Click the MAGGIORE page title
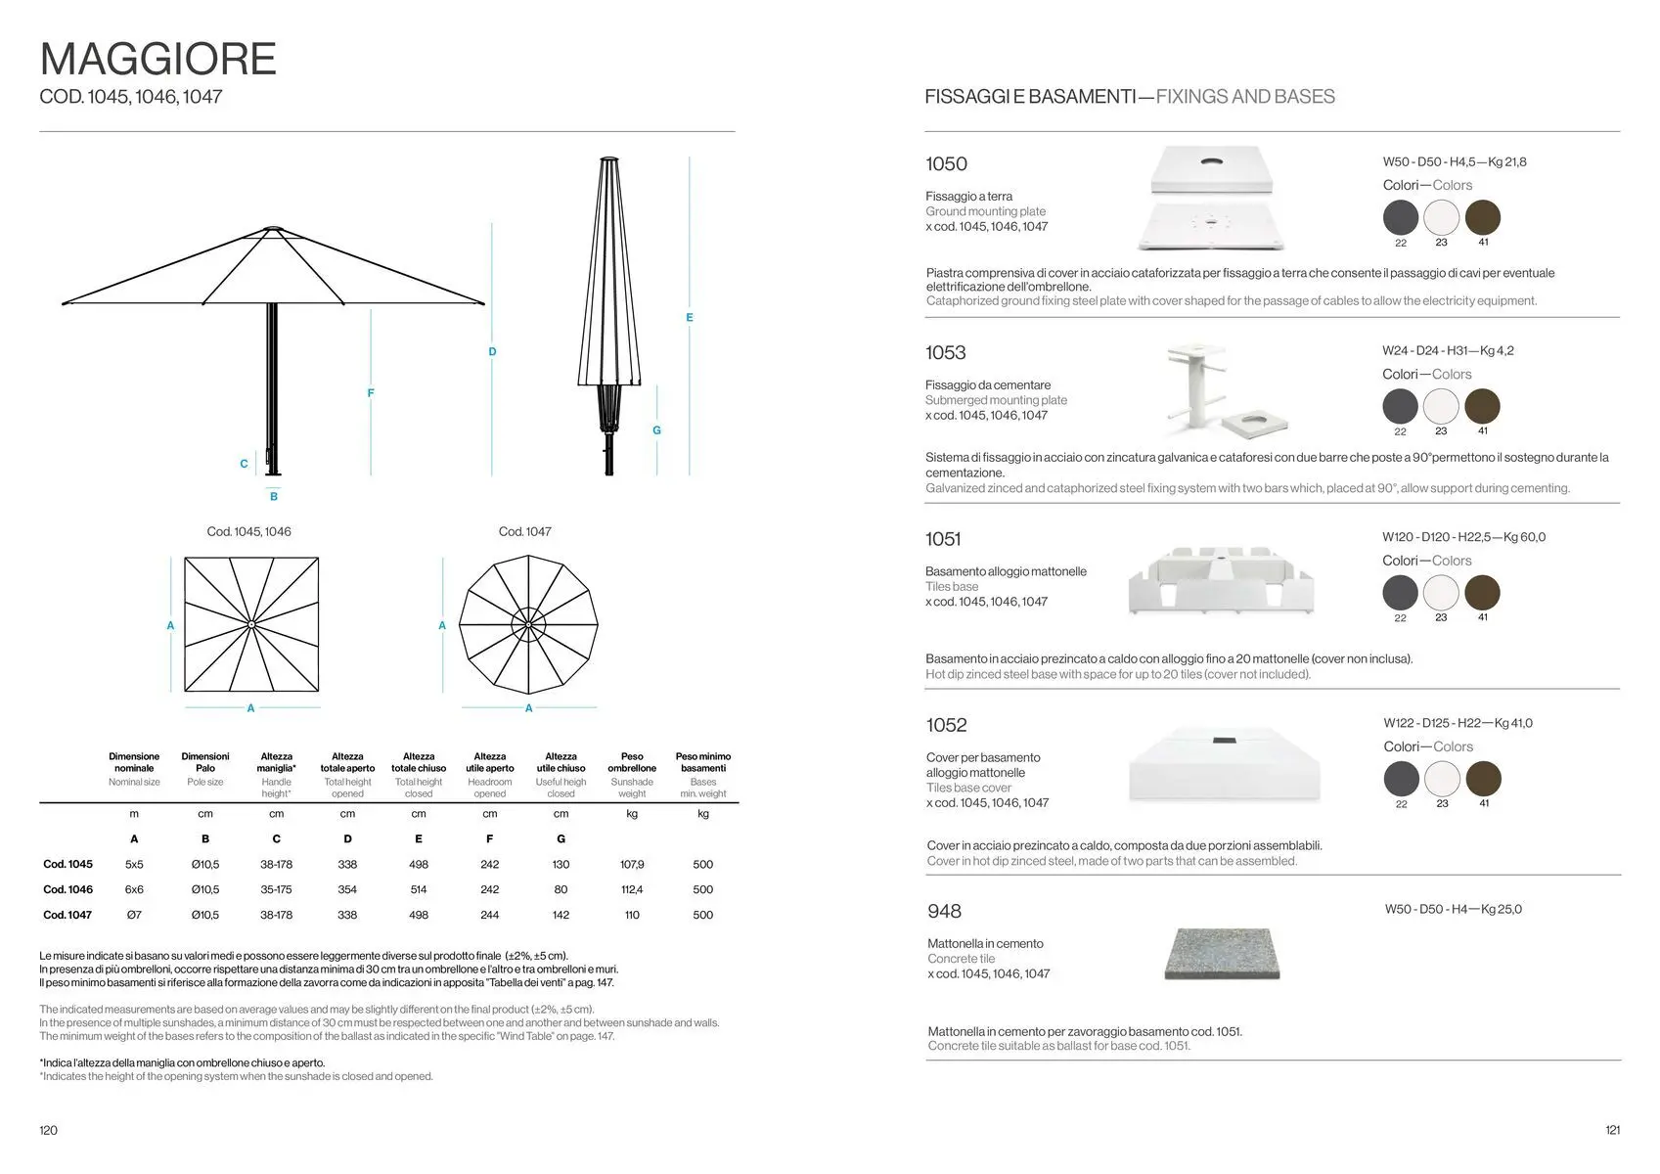tap(158, 60)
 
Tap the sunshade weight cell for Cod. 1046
tap(632, 889)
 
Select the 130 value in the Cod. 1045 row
tap(561, 864)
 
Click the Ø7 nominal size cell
tap(134, 915)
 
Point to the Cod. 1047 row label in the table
tap(67, 915)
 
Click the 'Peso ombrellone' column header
tap(632, 762)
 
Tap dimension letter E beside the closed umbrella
tap(690, 318)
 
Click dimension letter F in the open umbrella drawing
tap(371, 393)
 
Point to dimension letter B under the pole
tap(274, 497)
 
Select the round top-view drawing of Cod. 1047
tap(528, 624)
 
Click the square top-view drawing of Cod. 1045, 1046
tap(251, 624)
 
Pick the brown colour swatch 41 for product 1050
tap(1483, 217)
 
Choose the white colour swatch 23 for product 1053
tap(1441, 406)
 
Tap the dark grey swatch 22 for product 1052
tap(1402, 779)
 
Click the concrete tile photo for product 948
tap(1223, 953)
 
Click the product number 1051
tap(944, 539)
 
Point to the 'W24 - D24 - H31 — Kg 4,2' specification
tap(1448, 350)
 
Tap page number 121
tap(1613, 1130)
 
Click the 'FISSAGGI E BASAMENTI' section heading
tap(1029, 97)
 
